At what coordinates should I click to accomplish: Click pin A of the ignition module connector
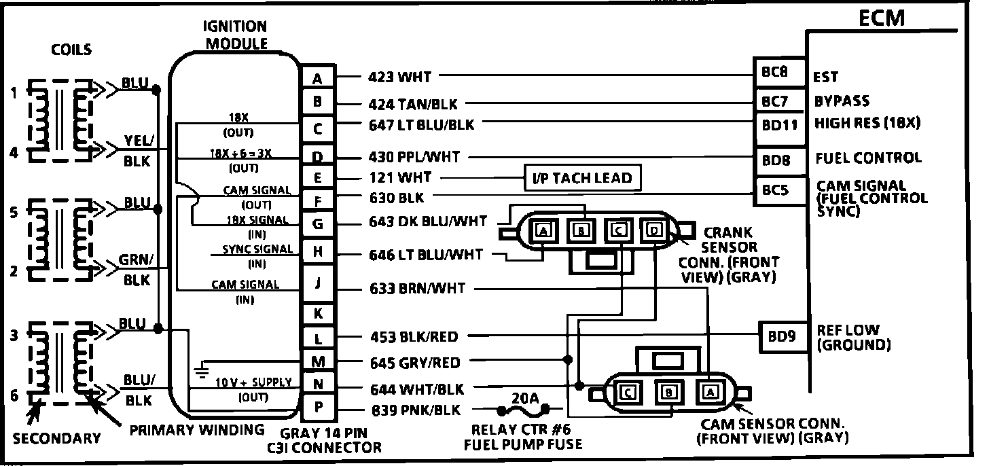pyautogui.click(x=317, y=79)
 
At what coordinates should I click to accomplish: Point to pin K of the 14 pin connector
pyautogui.click(x=317, y=313)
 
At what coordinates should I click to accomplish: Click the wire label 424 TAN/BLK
pyautogui.click(x=413, y=104)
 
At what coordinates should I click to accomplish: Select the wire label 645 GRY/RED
pyautogui.click(x=414, y=363)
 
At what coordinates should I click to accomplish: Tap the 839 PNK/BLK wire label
pyautogui.click(x=416, y=410)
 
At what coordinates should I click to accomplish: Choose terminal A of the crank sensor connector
pyautogui.click(x=544, y=231)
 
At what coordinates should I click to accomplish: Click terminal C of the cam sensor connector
pyautogui.click(x=628, y=393)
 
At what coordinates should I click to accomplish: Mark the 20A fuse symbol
pyautogui.click(x=524, y=409)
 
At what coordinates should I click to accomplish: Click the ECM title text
pyautogui.click(x=882, y=18)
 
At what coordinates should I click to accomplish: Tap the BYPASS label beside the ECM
pyautogui.click(x=842, y=101)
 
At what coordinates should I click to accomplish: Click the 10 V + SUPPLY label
pyautogui.click(x=253, y=382)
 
